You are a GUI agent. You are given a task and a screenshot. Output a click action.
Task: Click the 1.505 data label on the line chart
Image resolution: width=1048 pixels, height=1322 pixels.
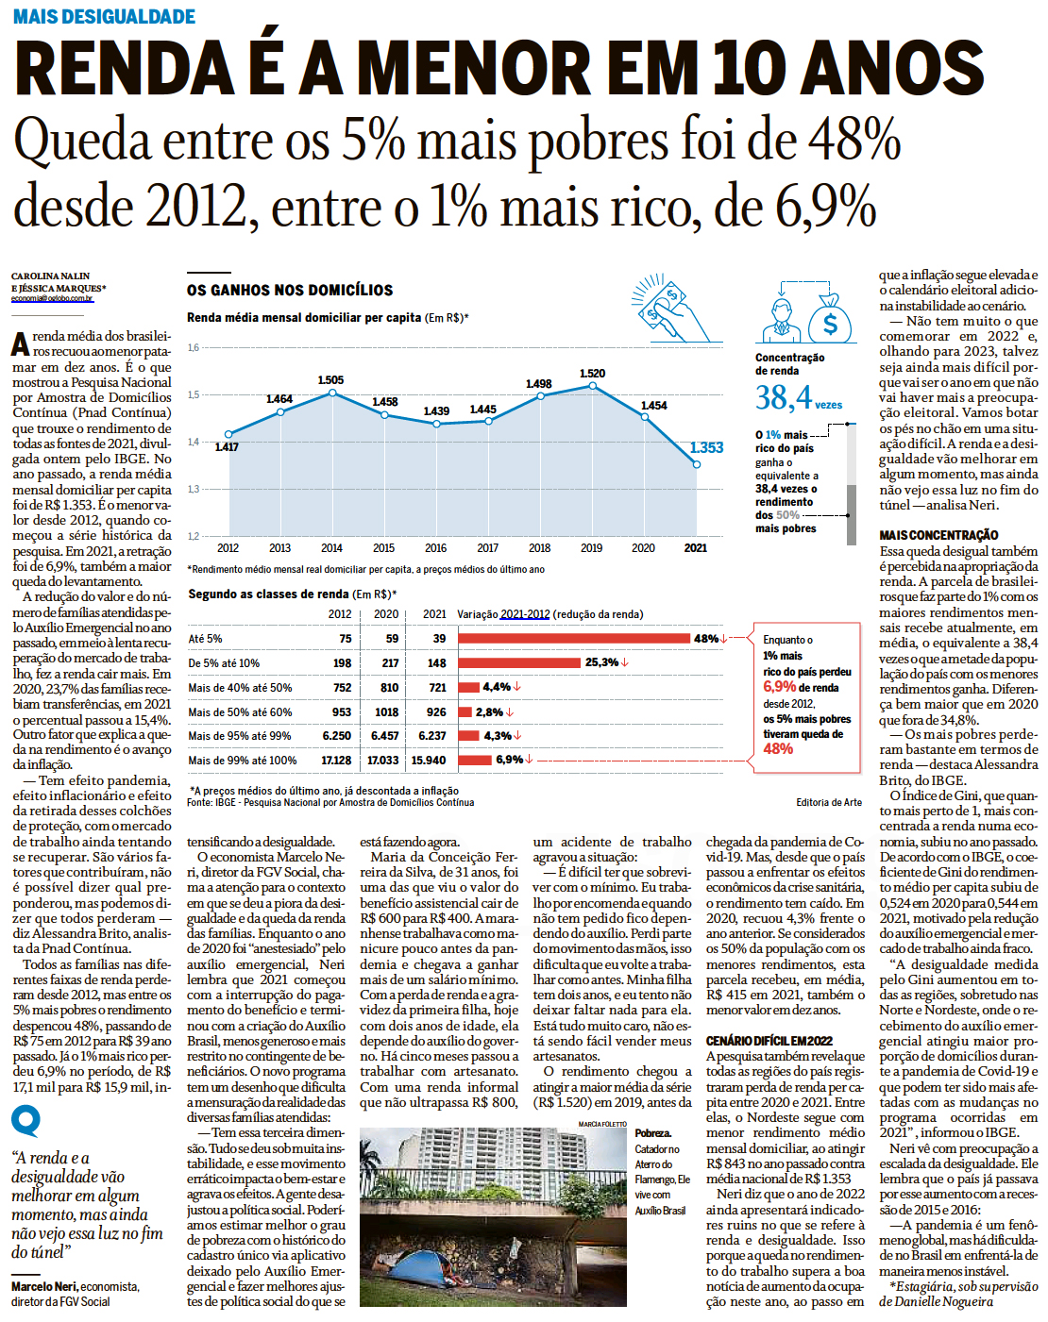(x=330, y=380)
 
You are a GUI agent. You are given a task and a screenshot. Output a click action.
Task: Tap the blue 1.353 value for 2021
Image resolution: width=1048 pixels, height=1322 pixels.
(x=706, y=447)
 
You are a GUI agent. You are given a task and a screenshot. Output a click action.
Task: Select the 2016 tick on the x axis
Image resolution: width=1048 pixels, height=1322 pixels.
(x=435, y=547)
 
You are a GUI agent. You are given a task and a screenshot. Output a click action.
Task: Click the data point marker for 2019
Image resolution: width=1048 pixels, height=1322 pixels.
(x=592, y=386)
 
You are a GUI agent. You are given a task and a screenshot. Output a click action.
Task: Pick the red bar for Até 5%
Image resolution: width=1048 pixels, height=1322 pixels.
(x=574, y=639)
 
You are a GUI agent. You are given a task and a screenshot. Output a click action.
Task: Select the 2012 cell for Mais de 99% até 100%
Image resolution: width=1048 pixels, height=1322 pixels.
(x=336, y=760)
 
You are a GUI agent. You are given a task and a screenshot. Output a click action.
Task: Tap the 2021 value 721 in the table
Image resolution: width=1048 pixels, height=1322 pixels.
(x=437, y=688)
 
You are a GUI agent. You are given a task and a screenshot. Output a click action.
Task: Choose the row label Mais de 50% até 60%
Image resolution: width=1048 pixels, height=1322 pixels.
(x=240, y=711)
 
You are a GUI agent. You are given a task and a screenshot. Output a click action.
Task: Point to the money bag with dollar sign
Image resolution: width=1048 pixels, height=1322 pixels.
(x=830, y=319)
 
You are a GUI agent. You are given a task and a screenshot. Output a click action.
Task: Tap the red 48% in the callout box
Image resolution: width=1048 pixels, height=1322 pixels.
(x=778, y=748)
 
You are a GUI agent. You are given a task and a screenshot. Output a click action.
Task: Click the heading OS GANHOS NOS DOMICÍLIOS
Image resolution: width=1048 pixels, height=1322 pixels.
(x=290, y=290)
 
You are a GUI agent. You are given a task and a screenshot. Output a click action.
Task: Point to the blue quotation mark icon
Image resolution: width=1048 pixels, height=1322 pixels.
(x=25, y=1121)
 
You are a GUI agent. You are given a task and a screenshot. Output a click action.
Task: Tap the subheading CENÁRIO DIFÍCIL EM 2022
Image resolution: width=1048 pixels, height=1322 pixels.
(x=769, y=1041)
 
